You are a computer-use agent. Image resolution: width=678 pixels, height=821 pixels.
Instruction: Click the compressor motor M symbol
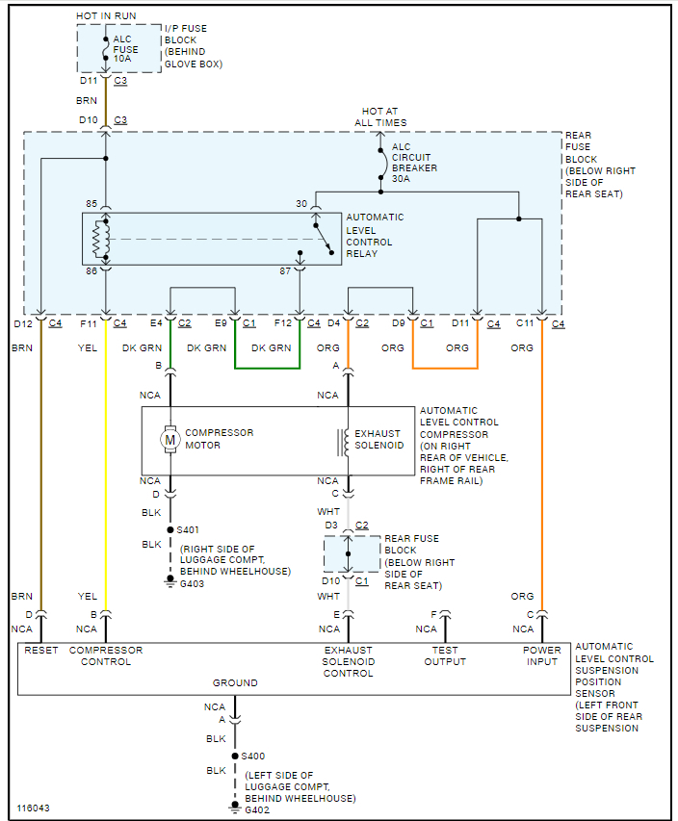[170, 440]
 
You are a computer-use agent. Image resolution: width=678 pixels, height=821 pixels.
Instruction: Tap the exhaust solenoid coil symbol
[342, 441]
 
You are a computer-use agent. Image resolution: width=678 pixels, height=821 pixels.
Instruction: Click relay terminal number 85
[91, 204]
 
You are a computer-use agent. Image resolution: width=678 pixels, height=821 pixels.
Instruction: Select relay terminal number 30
[300, 203]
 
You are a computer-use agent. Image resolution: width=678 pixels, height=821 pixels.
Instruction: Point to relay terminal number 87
[285, 272]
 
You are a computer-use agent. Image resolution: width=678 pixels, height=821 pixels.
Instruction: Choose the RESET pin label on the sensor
[41, 651]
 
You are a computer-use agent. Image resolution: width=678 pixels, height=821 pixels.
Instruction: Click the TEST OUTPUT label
[445, 655]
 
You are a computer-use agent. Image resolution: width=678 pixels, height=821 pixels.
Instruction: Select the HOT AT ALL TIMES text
[380, 117]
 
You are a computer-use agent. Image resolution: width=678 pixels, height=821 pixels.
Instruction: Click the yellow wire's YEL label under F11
[88, 348]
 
